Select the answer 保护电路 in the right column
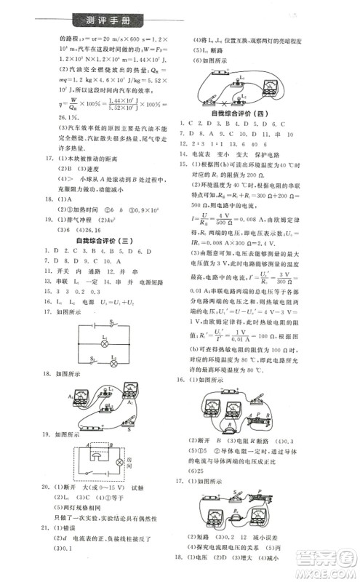(x=276, y=155)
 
